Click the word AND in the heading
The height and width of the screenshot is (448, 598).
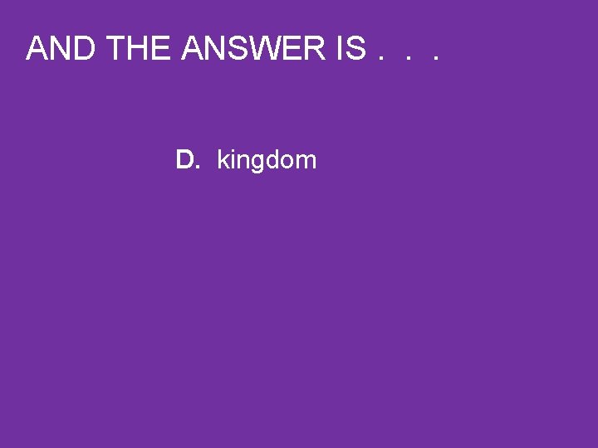click(x=63, y=50)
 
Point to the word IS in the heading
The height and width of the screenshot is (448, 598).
click(x=351, y=50)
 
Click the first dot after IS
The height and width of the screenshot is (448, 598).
click(x=381, y=60)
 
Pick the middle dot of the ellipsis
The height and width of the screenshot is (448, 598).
click(x=407, y=60)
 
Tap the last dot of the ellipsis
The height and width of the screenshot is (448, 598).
click(x=434, y=60)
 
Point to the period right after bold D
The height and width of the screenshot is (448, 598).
click(x=198, y=168)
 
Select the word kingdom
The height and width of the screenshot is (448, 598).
click(x=267, y=160)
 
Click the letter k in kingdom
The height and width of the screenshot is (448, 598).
click(x=223, y=159)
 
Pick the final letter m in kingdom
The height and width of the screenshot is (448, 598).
click(x=306, y=162)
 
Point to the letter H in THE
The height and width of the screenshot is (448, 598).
click(x=140, y=50)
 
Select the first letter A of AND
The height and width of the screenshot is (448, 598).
click(x=37, y=50)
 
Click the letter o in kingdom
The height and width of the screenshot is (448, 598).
click(x=288, y=162)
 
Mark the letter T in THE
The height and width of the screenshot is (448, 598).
click(x=117, y=50)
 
